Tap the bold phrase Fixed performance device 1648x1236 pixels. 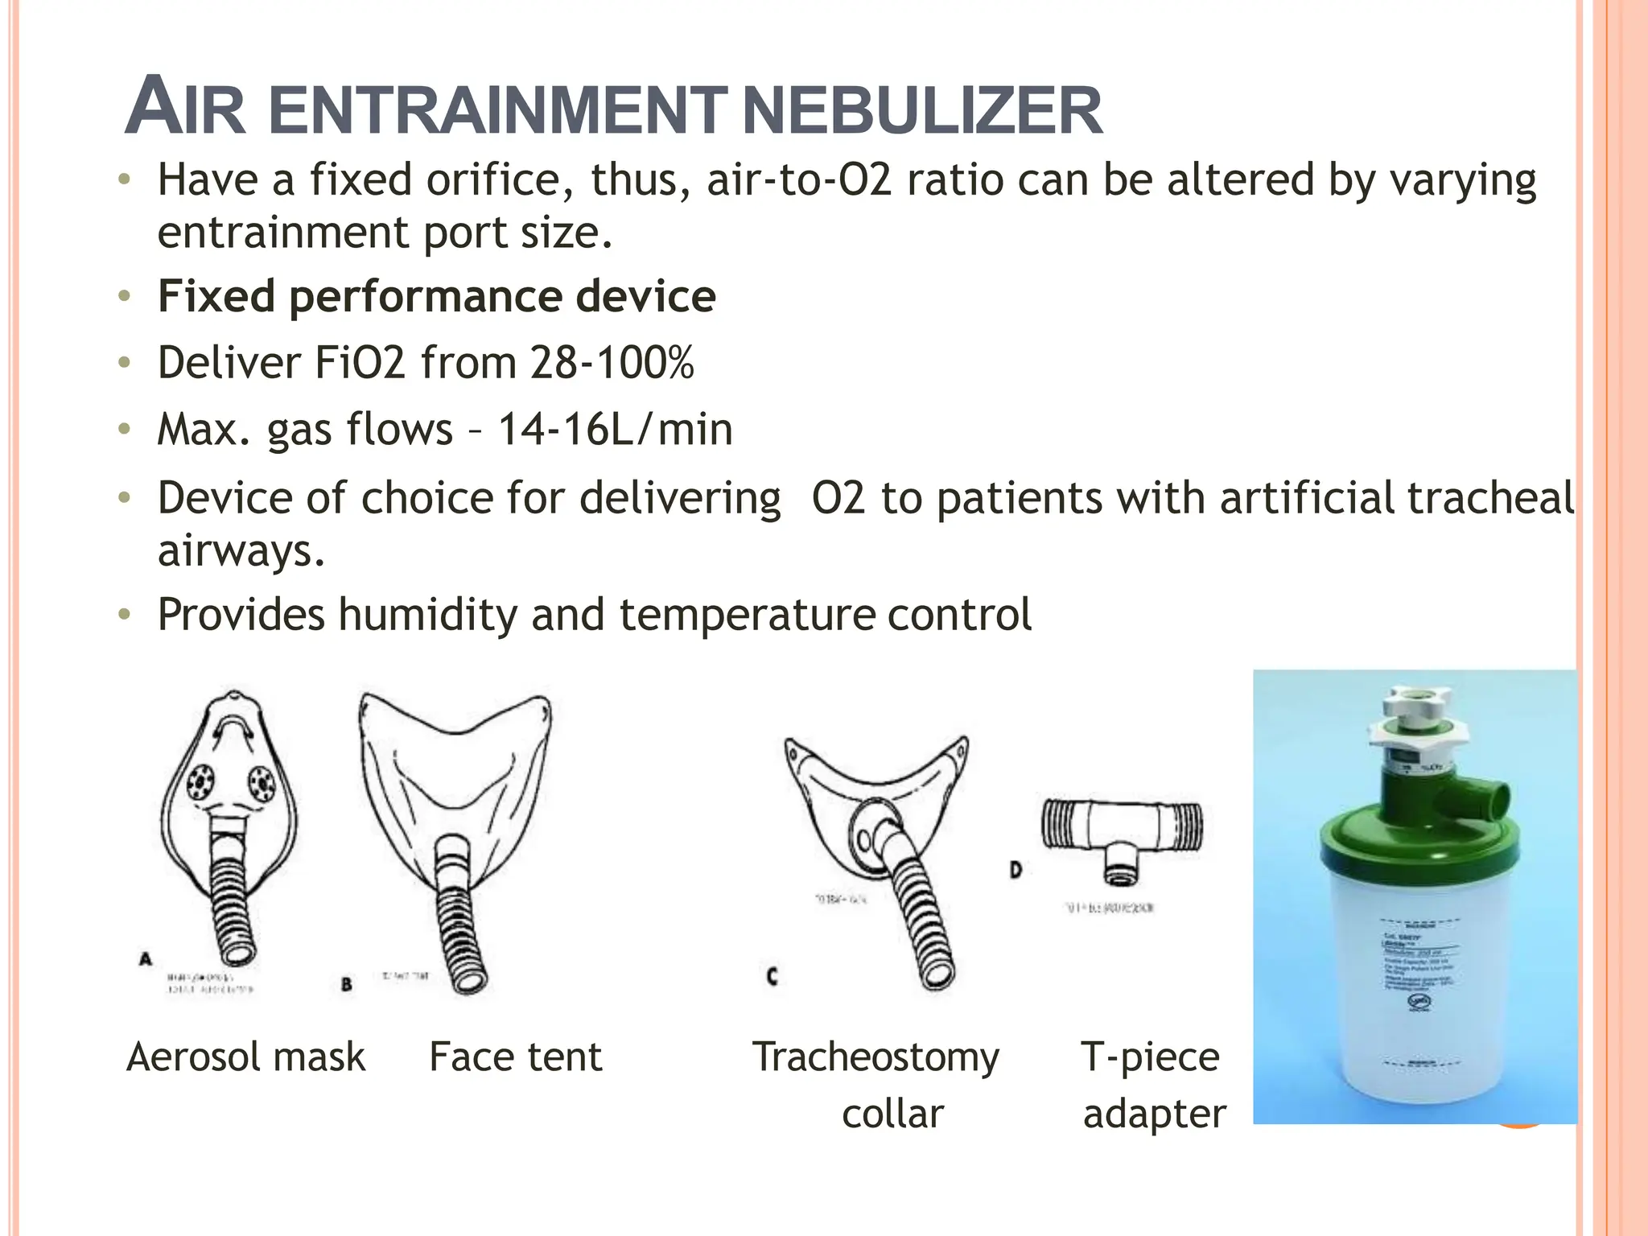pyautogui.click(x=436, y=296)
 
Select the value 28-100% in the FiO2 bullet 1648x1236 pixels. pyautogui.click(x=612, y=362)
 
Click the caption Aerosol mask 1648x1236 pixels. pyautogui.click(x=246, y=1057)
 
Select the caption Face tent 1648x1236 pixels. pyautogui.click(x=515, y=1057)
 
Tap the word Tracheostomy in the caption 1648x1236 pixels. pyautogui.click(x=875, y=1057)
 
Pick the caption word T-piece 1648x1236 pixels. pyautogui.click(x=1150, y=1057)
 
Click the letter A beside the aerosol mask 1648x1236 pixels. pyautogui.click(x=146, y=959)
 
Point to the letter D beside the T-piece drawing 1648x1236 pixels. pyautogui.click(x=1016, y=870)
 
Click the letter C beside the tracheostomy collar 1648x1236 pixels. pyautogui.click(x=772, y=977)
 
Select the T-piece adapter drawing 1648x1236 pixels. pyautogui.click(x=1122, y=837)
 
